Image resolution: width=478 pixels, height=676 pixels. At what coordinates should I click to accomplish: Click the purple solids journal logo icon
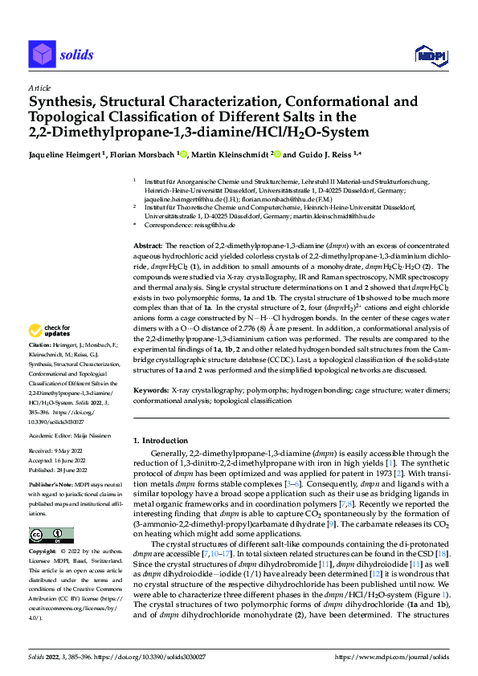pos(41,55)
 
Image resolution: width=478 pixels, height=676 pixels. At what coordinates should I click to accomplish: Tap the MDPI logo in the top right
pos(430,55)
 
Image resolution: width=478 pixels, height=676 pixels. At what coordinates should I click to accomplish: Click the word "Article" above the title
pos(39,87)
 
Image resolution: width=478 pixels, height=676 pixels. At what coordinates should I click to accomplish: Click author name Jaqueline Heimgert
pos(64,153)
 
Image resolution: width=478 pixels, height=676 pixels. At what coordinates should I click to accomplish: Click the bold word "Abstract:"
pos(149,245)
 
